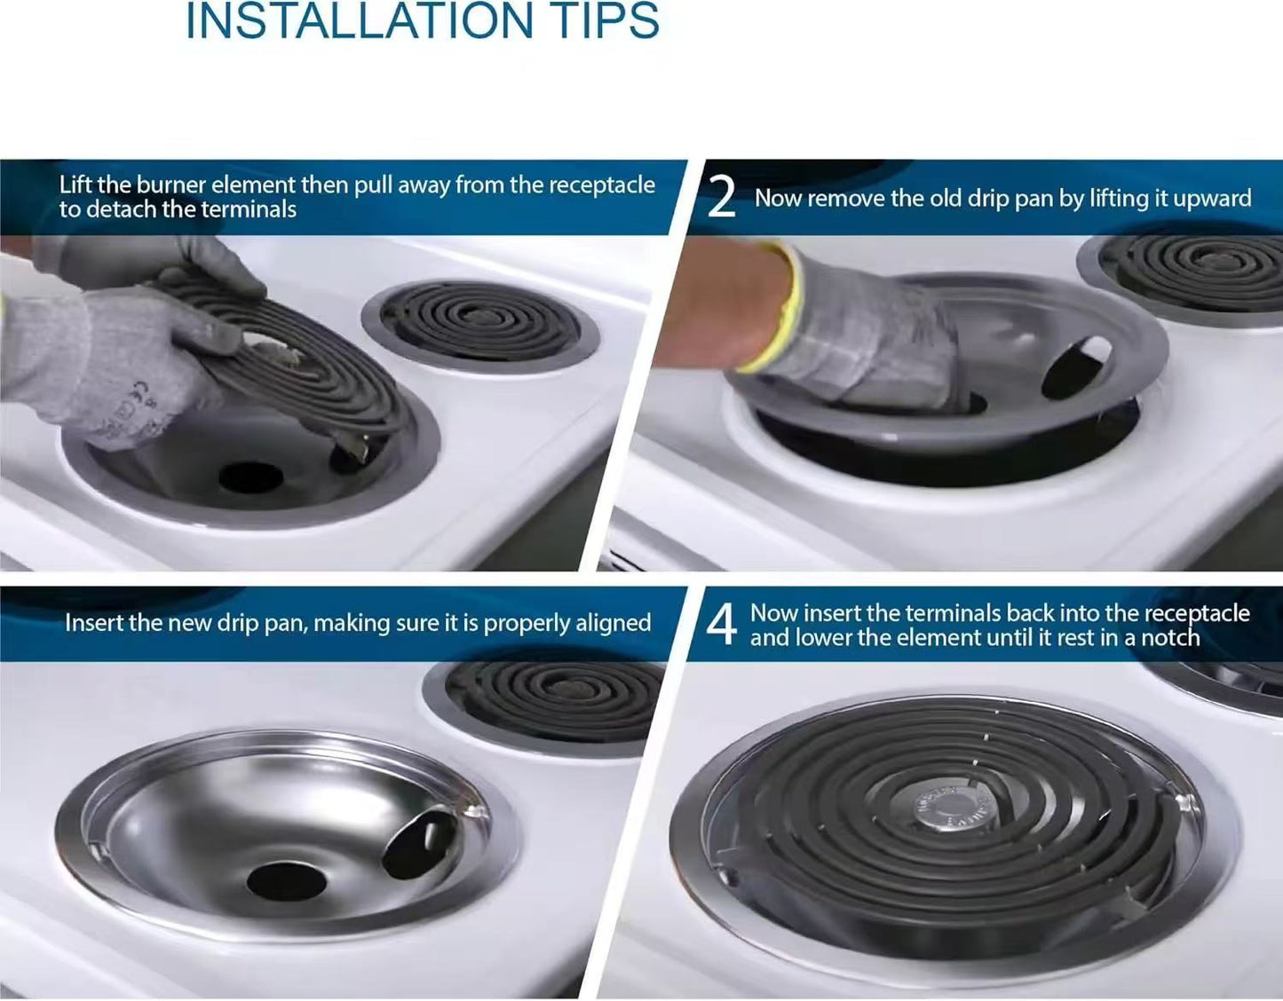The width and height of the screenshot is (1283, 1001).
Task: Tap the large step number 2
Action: coord(721,198)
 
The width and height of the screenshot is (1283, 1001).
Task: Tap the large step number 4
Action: coord(721,625)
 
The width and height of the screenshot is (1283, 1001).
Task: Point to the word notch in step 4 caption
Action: coord(1169,638)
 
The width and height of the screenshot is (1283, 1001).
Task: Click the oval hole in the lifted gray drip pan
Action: coord(1076,367)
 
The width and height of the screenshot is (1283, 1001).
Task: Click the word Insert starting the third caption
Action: coord(94,623)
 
